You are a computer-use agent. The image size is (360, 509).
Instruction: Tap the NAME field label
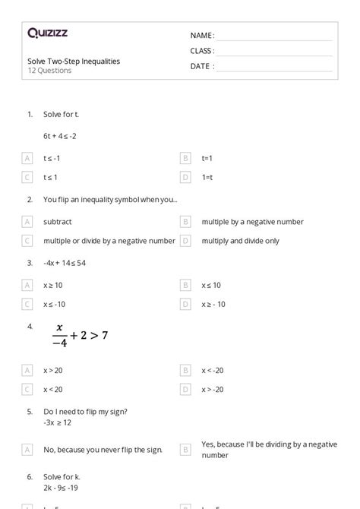(x=201, y=36)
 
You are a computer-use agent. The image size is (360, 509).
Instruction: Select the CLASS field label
(x=202, y=51)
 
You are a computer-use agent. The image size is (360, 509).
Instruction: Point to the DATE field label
(x=201, y=66)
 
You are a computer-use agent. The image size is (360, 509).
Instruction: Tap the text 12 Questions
(x=49, y=71)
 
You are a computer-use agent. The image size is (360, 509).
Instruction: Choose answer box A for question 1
(x=27, y=158)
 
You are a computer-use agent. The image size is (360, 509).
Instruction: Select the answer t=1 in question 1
(x=207, y=158)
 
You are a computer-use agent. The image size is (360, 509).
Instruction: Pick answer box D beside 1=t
(x=185, y=177)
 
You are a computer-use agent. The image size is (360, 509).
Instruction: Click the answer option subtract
(x=58, y=222)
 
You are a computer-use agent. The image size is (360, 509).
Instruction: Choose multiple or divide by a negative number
(x=109, y=240)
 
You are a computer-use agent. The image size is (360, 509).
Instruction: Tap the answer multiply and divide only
(x=240, y=240)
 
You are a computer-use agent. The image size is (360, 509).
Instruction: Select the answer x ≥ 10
(x=53, y=285)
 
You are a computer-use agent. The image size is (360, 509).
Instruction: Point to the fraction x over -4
(x=60, y=336)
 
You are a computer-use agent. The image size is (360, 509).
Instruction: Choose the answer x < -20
(x=213, y=371)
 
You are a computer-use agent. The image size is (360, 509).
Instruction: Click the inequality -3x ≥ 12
(x=57, y=422)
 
